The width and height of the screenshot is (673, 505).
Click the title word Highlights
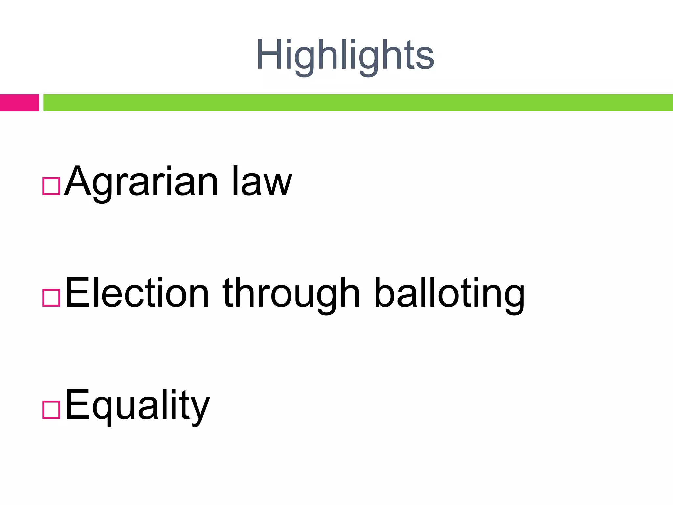[345, 56]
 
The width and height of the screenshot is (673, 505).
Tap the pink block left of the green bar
[19, 103]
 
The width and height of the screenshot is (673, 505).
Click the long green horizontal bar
[358, 103]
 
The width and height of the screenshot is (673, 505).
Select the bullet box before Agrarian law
[52, 186]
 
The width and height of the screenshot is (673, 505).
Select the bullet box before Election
[52, 298]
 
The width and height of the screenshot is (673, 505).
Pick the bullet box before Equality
[52, 410]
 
